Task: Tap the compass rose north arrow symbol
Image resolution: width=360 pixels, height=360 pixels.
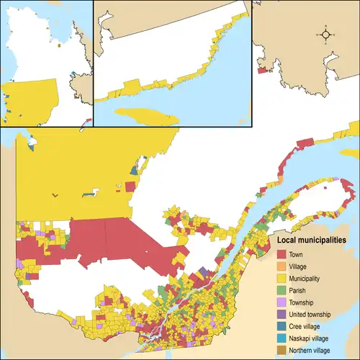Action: (x=326, y=34)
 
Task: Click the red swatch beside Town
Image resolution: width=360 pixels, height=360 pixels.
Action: (x=282, y=255)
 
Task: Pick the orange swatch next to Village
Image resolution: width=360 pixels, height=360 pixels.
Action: (x=282, y=267)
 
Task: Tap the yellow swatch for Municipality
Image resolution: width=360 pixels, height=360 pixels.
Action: (x=282, y=279)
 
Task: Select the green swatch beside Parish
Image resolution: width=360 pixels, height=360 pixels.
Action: (x=282, y=291)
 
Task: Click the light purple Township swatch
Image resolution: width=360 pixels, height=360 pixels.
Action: (x=282, y=303)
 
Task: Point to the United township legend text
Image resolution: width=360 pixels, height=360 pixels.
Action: (x=310, y=315)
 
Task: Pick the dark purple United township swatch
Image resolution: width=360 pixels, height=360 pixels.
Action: (x=282, y=315)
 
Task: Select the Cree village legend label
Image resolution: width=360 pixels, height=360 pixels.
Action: (x=305, y=327)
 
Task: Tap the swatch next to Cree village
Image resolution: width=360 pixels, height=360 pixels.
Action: (x=282, y=327)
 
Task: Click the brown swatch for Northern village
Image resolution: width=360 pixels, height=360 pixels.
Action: (x=282, y=351)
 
